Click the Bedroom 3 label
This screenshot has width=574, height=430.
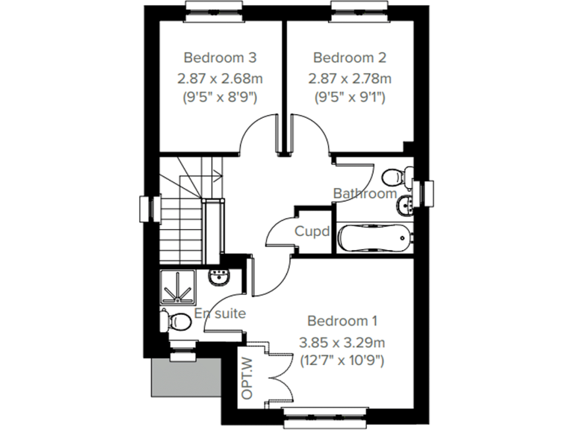pos(220,57)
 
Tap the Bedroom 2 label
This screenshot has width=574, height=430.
pos(350,57)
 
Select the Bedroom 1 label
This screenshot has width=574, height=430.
pos(342,321)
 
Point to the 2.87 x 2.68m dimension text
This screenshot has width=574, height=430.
pos(220,78)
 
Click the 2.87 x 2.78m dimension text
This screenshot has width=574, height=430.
pos(350,78)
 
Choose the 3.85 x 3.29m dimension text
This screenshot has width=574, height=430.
pos(342,343)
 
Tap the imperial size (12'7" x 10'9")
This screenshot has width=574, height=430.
pos(342,361)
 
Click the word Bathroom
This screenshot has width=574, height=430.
pos(365,194)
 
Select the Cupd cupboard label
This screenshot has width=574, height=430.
pos(312,231)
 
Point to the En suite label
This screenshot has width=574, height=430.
pos(220,314)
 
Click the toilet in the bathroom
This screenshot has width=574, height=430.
pos(394,177)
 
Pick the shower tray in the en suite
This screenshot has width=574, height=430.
pos(178,286)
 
